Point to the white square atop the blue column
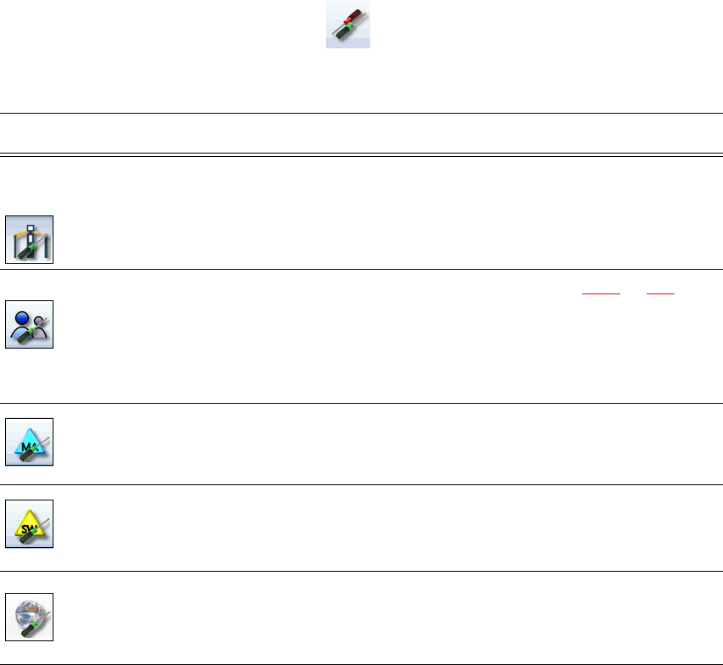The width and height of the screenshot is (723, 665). point(29,225)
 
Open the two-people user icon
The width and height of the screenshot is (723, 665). point(29,324)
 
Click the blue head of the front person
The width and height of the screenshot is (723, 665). point(22,315)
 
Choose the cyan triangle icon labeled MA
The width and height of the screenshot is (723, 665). point(29,441)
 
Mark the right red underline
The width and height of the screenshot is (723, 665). point(659,293)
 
